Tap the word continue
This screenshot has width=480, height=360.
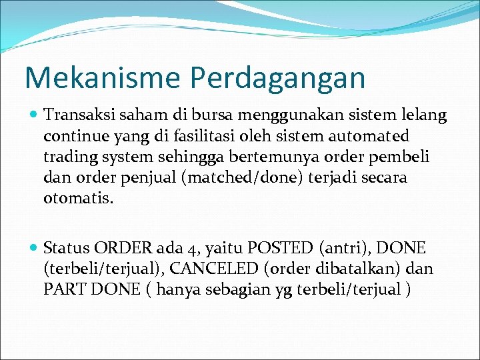(x=73, y=136)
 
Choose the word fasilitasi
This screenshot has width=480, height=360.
(x=182, y=136)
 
